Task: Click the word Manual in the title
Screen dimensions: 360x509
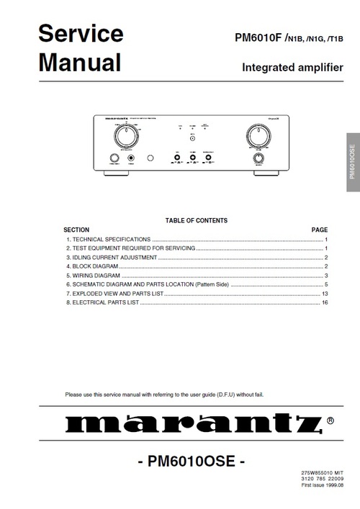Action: (x=79, y=63)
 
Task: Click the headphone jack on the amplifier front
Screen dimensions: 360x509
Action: (x=131, y=158)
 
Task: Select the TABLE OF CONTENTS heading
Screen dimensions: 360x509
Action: (x=196, y=200)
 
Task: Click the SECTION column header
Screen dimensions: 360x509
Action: (x=77, y=209)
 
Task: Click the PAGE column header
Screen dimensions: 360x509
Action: (x=319, y=209)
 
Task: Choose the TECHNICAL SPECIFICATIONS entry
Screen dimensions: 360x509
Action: (x=108, y=219)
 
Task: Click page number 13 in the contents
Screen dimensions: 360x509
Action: (x=325, y=275)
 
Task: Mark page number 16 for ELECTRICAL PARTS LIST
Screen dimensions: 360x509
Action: (x=325, y=284)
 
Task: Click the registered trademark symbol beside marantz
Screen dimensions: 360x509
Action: (x=330, y=419)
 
